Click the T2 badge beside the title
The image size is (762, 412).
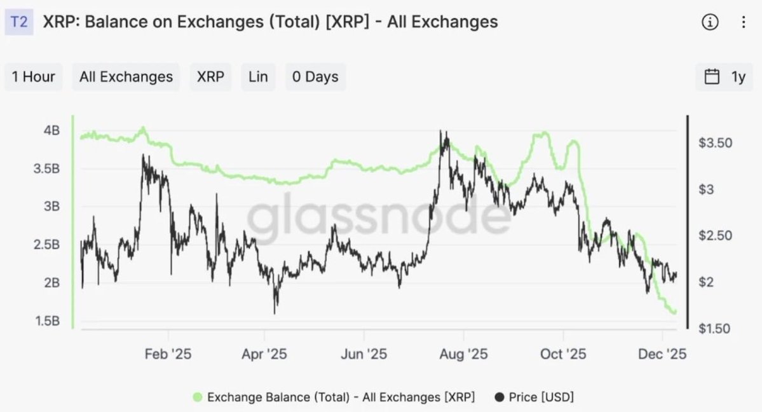(x=19, y=22)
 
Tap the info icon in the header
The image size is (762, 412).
(x=710, y=22)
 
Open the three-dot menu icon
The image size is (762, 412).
(x=744, y=22)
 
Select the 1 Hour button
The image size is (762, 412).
(x=33, y=77)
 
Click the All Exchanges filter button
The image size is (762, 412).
(x=126, y=77)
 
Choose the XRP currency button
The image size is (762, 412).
(x=210, y=77)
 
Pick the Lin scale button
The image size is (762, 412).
(x=258, y=77)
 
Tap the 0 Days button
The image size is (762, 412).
(x=315, y=77)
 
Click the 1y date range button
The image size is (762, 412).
(x=725, y=77)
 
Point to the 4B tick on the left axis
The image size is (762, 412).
(x=51, y=130)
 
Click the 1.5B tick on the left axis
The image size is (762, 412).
(x=48, y=320)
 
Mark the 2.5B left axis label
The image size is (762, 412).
(x=48, y=245)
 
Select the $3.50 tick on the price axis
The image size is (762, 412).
(x=715, y=143)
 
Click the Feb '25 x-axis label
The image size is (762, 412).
(x=168, y=354)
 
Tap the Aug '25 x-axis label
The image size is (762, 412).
(x=463, y=354)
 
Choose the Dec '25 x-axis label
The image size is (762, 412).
(x=662, y=354)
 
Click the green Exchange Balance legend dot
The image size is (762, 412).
(x=198, y=397)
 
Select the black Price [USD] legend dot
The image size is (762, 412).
(x=500, y=397)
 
